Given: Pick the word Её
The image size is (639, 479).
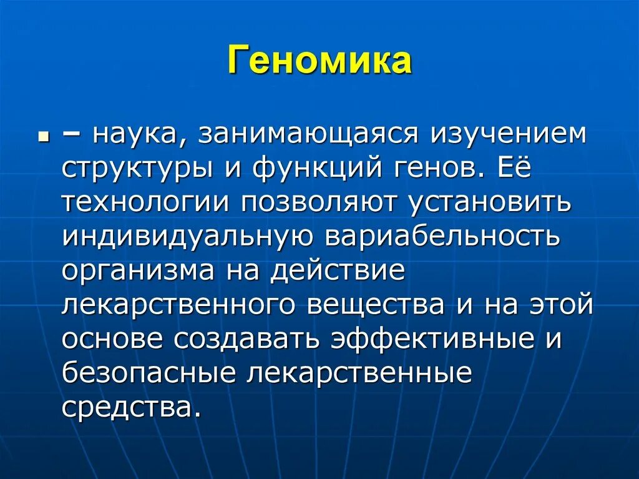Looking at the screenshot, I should click(x=515, y=169).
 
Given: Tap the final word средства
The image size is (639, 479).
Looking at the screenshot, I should click(x=132, y=408).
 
